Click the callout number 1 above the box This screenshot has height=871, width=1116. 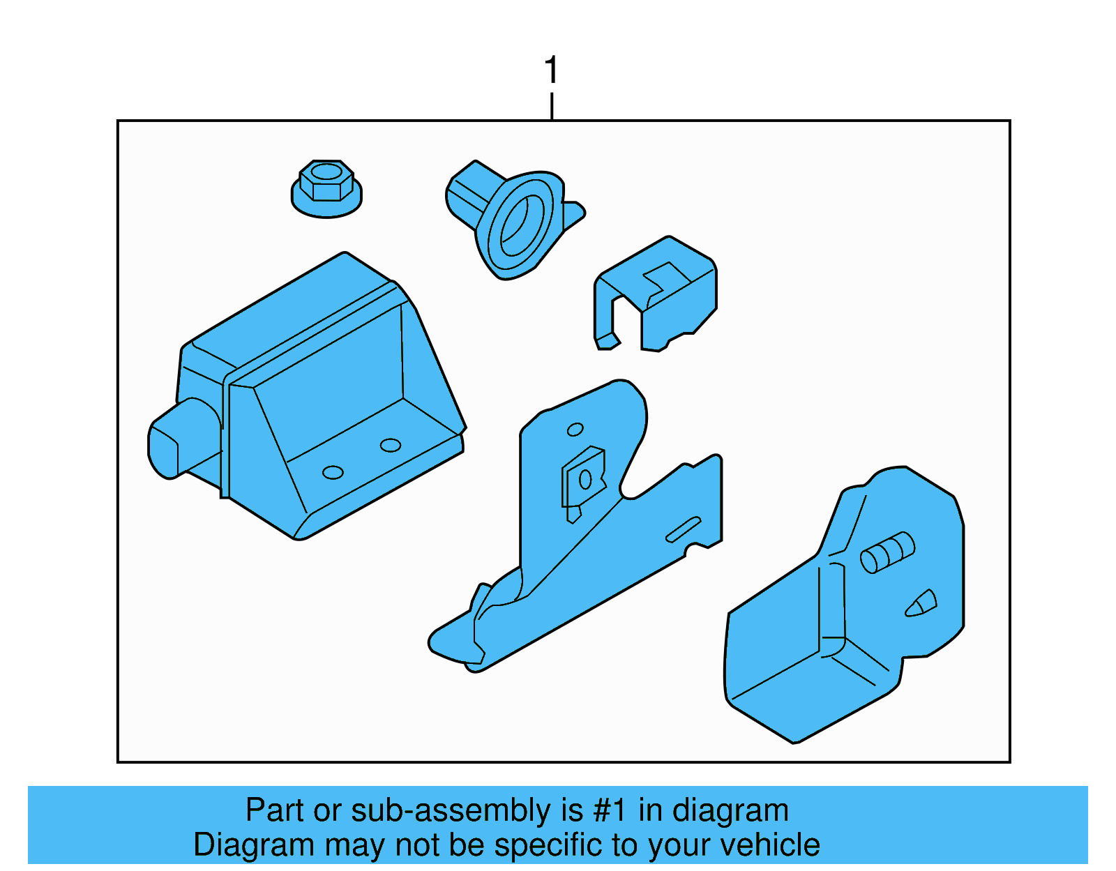point(551,70)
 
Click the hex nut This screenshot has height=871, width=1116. point(326,189)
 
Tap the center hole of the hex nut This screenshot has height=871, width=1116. point(326,172)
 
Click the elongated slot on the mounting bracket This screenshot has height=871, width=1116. point(683,529)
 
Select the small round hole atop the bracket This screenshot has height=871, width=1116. point(575,430)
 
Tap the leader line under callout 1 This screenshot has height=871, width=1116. point(552,106)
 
